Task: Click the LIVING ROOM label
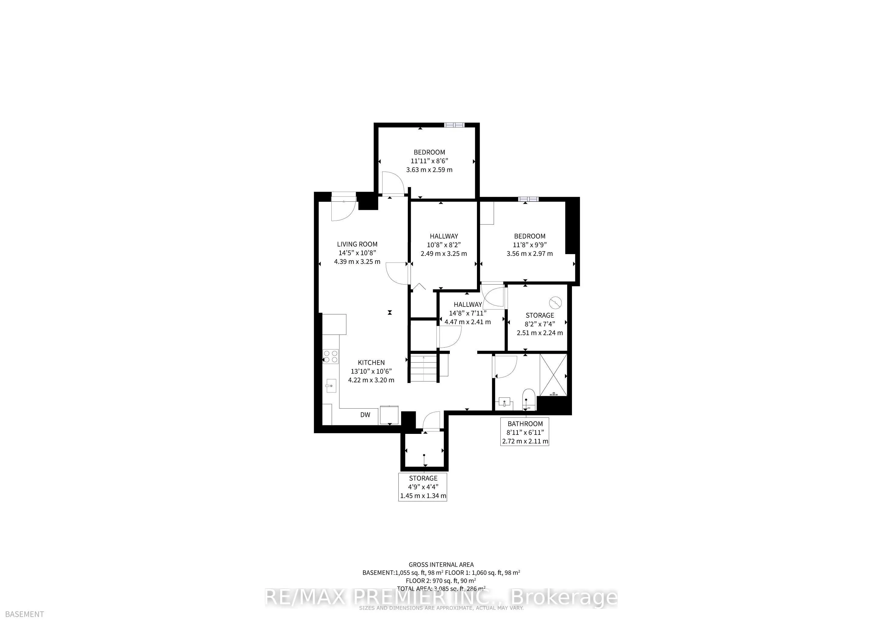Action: (x=357, y=244)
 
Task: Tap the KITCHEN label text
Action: (x=371, y=362)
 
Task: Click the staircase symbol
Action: (x=424, y=368)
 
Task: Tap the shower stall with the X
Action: (x=553, y=375)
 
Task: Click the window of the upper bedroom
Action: (x=454, y=125)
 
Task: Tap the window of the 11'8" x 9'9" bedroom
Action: (x=528, y=199)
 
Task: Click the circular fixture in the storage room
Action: (x=556, y=303)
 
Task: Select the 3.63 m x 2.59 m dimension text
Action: (x=429, y=169)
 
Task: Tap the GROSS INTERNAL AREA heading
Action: (x=441, y=565)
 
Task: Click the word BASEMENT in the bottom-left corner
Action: (x=24, y=614)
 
